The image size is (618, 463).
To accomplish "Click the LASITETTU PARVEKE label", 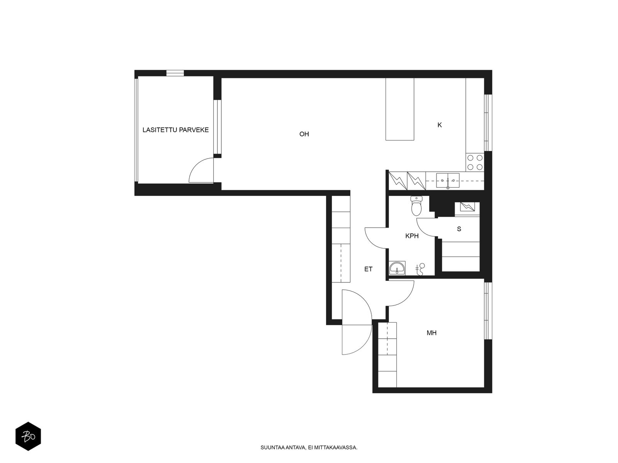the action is [x=175, y=130].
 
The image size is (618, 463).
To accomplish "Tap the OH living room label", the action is [x=304, y=134].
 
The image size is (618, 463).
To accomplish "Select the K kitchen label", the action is [x=440, y=125].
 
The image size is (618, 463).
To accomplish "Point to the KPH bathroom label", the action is [x=412, y=236].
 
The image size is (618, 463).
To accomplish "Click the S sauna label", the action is [x=459, y=229].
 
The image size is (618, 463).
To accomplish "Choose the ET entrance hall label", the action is [x=368, y=269].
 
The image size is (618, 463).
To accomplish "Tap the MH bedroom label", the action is [x=431, y=333].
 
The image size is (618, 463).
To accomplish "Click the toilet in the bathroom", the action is [x=416, y=206].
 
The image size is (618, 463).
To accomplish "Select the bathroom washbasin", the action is [x=397, y=268].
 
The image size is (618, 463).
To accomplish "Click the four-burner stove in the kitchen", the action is [x=475, y=162].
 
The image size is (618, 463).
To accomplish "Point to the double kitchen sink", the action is [x=448, y=181].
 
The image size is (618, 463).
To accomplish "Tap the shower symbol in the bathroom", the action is [x=421, y=269].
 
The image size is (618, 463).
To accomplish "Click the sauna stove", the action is [x=467, y=207].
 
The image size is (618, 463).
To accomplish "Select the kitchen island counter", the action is [x=399, y=109].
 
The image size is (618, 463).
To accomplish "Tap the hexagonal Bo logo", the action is [x=28, y=436].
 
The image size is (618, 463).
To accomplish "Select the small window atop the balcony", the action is [x=175, y=73].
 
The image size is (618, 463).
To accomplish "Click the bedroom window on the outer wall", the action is [x=488, y=311].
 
